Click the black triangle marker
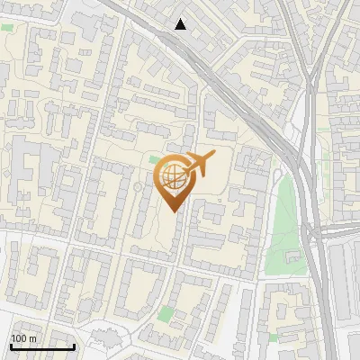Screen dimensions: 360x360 tap(181, 24)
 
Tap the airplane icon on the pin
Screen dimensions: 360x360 tap(196, 166)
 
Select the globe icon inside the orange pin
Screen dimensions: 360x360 tap(174, 177)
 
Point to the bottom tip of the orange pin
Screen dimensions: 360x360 tap(174, 211)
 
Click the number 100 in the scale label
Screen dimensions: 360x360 tap(19, 338)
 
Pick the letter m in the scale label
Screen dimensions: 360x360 tap(32, 338)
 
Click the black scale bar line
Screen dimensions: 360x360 tap(41, 346)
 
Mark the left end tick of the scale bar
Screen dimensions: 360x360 tap(10, 345)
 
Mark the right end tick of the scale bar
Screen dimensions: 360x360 tap(74, 345)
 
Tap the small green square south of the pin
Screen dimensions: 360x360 tap(166, 313)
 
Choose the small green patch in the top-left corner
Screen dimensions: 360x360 tap(7, 28)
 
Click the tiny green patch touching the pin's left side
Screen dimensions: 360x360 tap(155, 159)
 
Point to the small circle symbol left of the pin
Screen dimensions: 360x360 tap(138, 186)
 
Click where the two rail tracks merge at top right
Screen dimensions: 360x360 tap(310, 85)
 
